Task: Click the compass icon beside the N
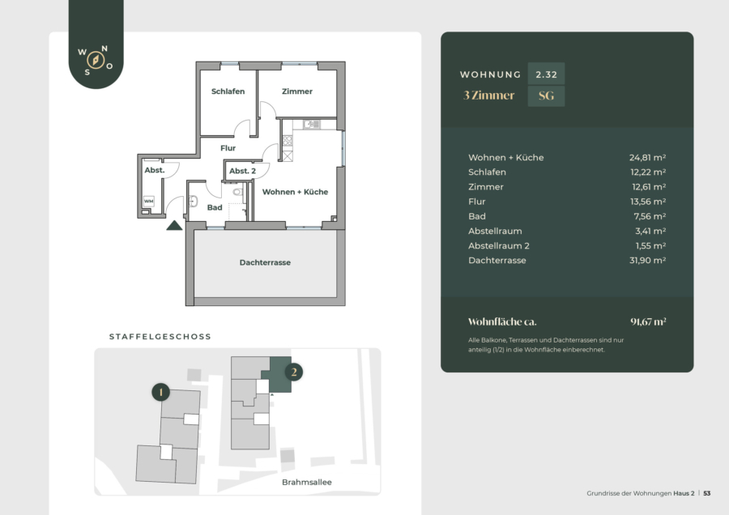pos(96,61)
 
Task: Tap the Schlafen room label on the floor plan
pos(228,92)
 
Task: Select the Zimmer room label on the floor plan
pos(297,92)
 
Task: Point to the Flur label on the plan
pos(228,148)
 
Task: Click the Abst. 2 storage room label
pos(242,171)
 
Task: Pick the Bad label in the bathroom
pos(215,207)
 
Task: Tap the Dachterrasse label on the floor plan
pos(265,262)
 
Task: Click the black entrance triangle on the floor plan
pos(174,225)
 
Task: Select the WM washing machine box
pos(149,202)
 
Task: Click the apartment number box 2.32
pos(546,74)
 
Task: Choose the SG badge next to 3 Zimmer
pos(546,96)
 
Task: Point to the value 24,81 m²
pos(648,158)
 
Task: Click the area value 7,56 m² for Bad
pos(650,216)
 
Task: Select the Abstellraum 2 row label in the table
pos(499,246)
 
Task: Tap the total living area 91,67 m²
pos(648,321)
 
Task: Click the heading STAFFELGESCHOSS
pos(160,337)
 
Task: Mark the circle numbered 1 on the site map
pos(161,392)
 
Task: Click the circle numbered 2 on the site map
pos(294,372)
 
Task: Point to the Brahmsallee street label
pos(307,483)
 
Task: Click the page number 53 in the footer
pos(706,493)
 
